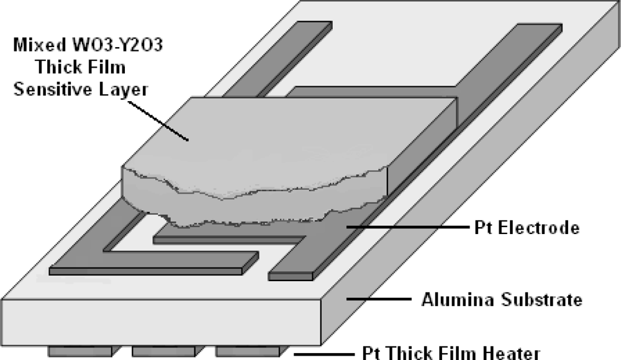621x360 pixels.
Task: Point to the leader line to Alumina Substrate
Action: [379, 300]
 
